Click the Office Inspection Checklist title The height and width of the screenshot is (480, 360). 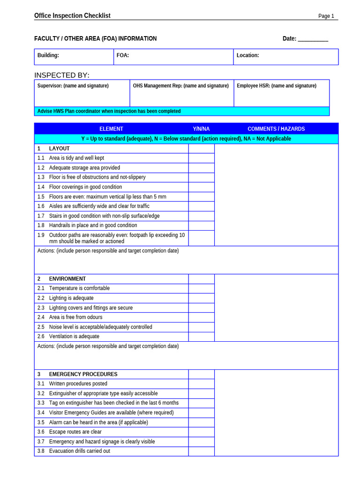click(72, 15)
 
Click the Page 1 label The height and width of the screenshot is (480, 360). click(326, 16)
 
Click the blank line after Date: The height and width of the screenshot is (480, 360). click(313, 39)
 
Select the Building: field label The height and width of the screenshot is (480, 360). click(48, 55)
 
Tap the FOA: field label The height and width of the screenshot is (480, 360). click(123, 55)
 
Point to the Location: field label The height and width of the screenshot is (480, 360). click(247, 55)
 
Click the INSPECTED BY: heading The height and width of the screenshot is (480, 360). click(61, 75)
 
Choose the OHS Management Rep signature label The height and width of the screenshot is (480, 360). click(180, 86)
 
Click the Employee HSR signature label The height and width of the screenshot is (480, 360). click(276, 86)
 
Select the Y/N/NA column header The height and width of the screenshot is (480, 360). click(201, 129)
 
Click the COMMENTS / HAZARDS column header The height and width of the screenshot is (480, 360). click(276, 129)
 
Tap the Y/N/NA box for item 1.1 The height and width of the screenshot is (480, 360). click(201, 158)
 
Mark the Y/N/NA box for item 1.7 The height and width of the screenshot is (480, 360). click(201, 216)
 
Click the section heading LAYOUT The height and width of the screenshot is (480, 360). click(59, 149)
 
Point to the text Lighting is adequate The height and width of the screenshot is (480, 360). click(71, 298)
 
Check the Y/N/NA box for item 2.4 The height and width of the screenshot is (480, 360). click(201, 317)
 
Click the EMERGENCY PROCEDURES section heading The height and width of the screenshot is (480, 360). click(83, 375)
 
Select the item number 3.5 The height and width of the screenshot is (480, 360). click(41, 422)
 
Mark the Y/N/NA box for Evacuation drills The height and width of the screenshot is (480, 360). click(201, 451)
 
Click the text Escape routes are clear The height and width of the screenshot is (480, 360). click(75, 432)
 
